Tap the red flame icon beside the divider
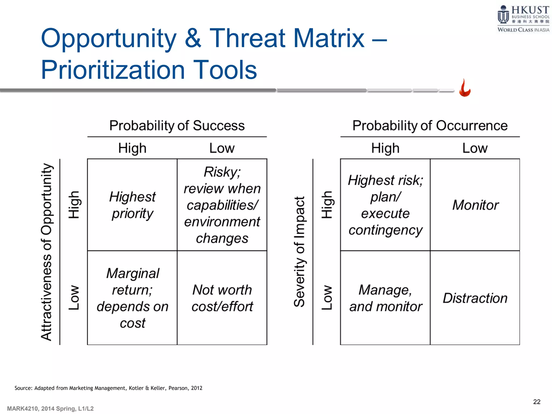point(465,88)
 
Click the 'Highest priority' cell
point(132,205)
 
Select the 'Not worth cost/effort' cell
point(222,298)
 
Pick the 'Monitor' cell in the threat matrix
point(475,205)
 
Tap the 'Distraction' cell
point(475,298)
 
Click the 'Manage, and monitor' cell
point(385,298)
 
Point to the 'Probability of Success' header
point(177,126)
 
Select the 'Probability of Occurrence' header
point(430,126)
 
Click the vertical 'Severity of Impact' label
point(299,252)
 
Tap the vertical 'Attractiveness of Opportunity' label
point(46,252)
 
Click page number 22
point(537,402)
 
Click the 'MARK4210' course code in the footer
point(23,409)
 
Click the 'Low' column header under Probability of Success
point(222,148)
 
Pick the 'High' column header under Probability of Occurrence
point(385,148)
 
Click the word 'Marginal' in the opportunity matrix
point(133,273)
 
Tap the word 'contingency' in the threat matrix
point(385,230)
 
